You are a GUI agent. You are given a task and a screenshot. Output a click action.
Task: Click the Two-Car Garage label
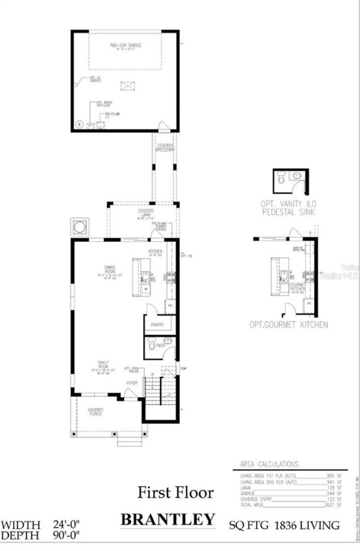[125, 45]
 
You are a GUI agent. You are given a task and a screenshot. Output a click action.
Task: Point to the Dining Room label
[110, 267]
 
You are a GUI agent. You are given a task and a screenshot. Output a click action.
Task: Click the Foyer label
[132, 382]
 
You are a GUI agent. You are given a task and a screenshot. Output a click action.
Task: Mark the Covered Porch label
[95, 411]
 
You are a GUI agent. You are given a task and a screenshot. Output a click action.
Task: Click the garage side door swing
[163, 125]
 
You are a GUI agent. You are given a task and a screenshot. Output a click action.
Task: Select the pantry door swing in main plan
[152, 309]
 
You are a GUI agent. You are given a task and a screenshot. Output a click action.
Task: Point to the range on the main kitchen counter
[170, 276]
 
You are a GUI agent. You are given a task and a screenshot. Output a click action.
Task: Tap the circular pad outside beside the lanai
[80, 227]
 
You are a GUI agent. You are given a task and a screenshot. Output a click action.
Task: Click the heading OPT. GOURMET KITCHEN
[288, 325]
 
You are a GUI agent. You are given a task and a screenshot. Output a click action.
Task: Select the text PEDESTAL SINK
[289, 212]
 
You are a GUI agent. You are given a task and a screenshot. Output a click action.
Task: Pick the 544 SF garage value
[333, 494]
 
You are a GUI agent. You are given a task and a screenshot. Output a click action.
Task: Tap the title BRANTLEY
[168, 519]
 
